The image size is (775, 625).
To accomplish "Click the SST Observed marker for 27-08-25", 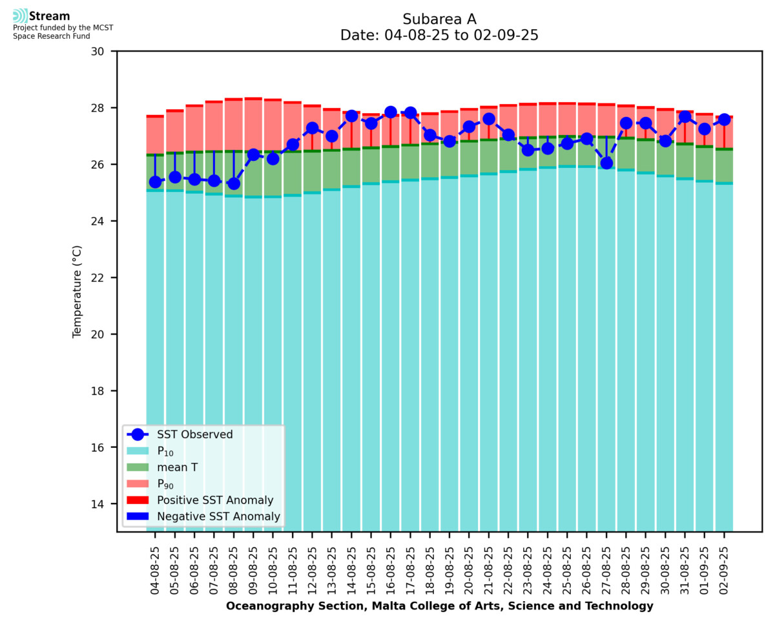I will (606, 163).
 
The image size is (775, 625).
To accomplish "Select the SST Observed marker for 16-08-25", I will (390, 112).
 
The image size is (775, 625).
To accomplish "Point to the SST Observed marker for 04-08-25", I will (155, 182).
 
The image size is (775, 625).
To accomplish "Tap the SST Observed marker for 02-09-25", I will (724, 120).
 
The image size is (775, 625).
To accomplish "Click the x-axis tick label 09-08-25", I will (253, 571).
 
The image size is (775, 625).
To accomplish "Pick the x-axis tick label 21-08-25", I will (488, 571).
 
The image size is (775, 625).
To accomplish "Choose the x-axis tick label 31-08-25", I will (685, 571).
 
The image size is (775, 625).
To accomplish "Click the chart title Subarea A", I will (439, 19).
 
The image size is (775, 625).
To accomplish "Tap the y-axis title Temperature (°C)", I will (77, 291).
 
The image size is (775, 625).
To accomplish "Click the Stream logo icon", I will (20, 16).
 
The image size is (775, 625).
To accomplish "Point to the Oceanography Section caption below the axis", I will (439, 606).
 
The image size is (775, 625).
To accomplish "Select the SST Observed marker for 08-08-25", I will (234, 184).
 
